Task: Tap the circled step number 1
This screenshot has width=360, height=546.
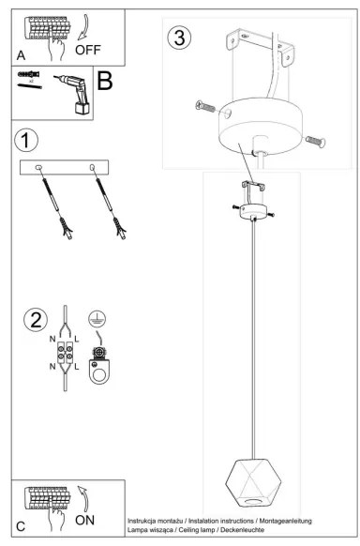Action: pos(27,140)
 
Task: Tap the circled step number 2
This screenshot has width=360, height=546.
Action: pos(36,317)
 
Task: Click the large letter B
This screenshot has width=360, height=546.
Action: pos(105,82)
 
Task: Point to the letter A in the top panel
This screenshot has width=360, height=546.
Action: pos(21,55)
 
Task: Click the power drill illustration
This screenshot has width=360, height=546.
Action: pos(72,93)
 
